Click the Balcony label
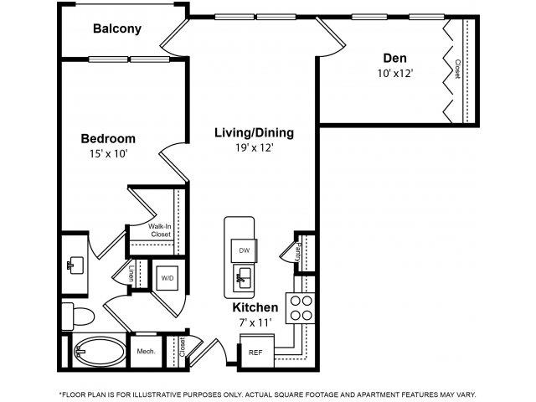[x=117, y=28]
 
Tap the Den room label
[x=394, y=58]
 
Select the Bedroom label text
[x=108, y=138]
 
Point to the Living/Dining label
[x=253, y=132]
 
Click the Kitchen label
[x=255, y=307]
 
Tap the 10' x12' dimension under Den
[x=395, y=73]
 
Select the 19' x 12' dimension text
[x=254, y=148]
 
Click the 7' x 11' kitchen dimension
[x=255, y=322]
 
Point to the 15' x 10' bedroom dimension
[x=108, y=153]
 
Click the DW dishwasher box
[x=245, y=250]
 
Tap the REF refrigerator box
[x=255, y=353]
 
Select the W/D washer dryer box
[x=168, y=277]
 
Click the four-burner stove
[x=300, y=308]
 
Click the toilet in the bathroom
[x=76, y=317]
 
